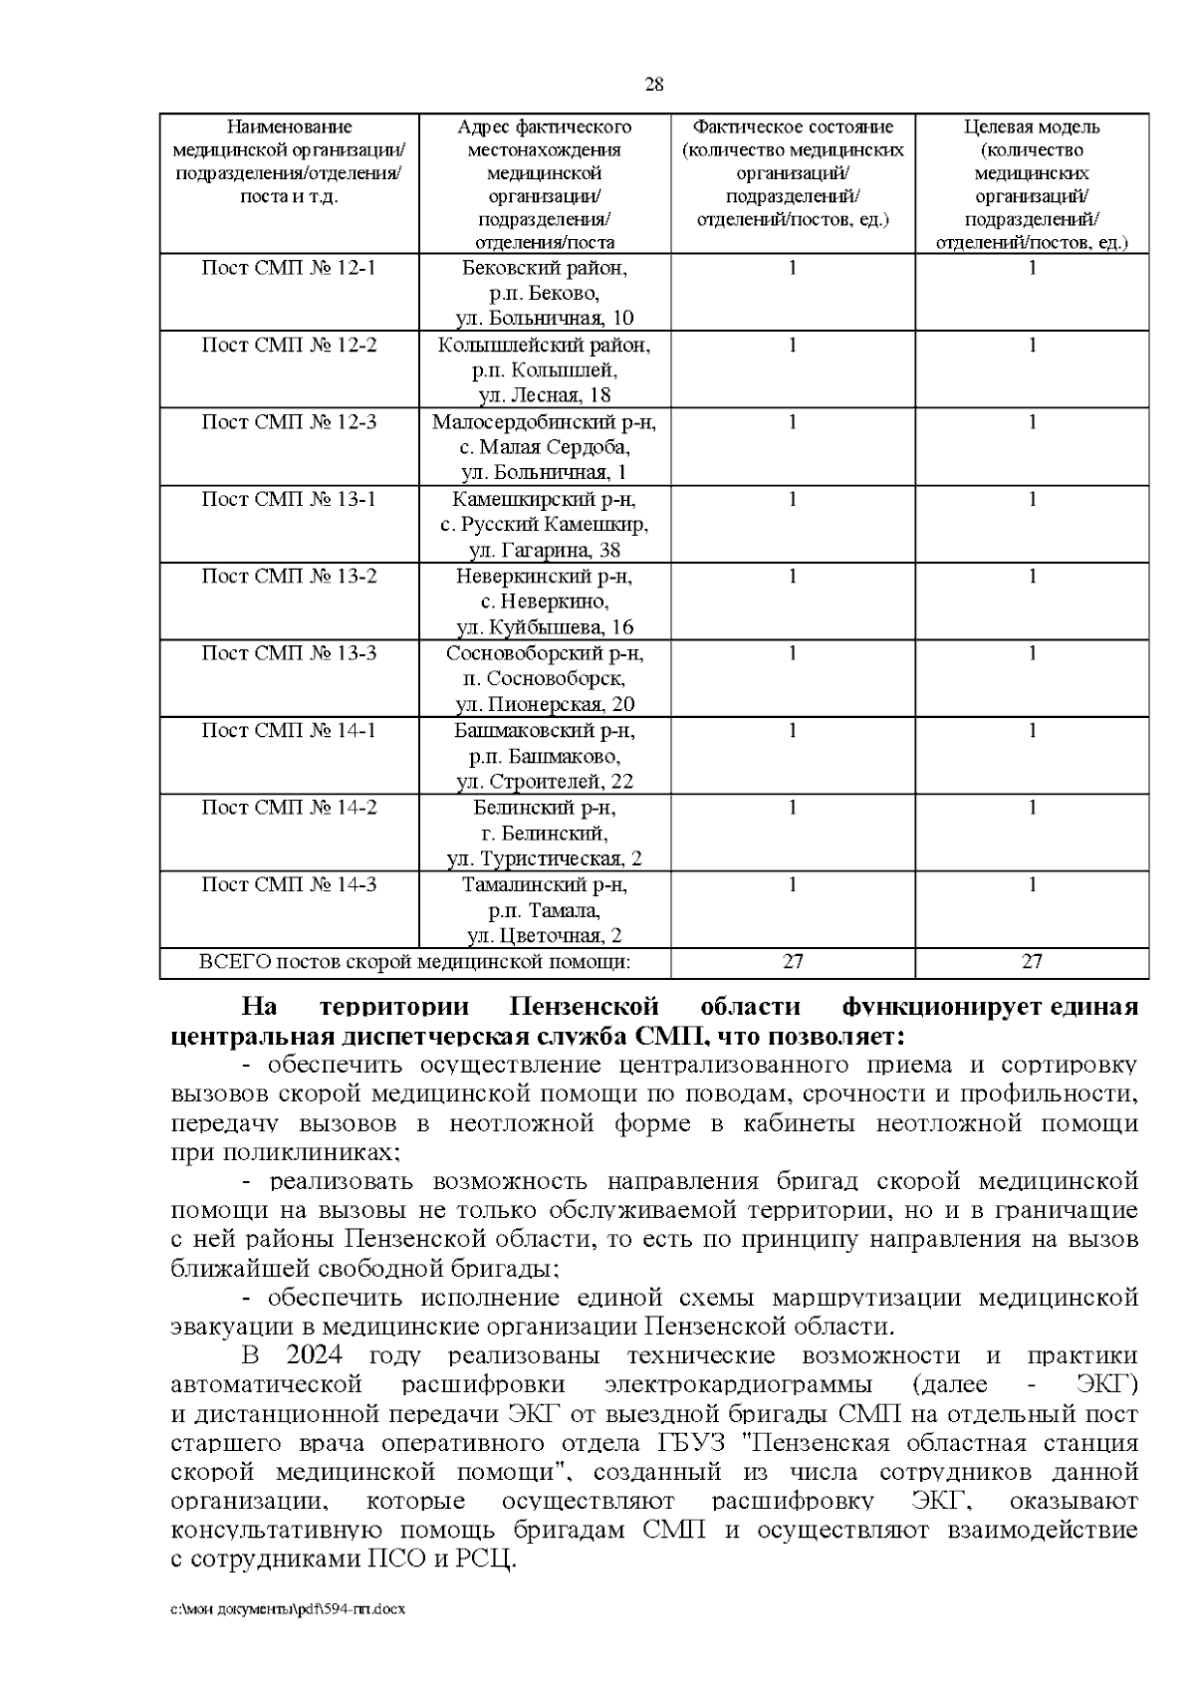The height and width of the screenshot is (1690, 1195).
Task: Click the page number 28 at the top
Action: (x=654, y=85)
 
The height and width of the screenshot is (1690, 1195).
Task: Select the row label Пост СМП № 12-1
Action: (x=289, y=268)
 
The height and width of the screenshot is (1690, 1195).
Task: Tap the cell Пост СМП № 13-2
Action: (x=289, y=577)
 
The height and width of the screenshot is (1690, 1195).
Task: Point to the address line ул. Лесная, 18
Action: (x=545, y=396)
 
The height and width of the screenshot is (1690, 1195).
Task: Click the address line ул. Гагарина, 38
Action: (x=545, y=550)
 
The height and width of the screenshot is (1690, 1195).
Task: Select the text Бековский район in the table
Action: (x=545, y=268)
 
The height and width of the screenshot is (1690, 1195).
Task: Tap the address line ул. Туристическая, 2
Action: (x=545, y=858)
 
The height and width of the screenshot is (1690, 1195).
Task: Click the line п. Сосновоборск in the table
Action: (x=545, y=679)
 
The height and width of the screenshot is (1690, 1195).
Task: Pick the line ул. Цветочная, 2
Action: (x=545, y=936)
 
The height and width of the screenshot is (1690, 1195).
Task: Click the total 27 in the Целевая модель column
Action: (x=1032, y=962)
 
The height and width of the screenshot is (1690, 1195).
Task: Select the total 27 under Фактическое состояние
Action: (x=793, y=962)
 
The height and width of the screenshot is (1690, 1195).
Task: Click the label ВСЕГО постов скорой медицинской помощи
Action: (x=415, y=962)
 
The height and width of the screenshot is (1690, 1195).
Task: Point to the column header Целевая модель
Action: (x=1032, y=127)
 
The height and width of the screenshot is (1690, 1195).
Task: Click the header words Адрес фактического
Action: (x=545, y=127)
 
